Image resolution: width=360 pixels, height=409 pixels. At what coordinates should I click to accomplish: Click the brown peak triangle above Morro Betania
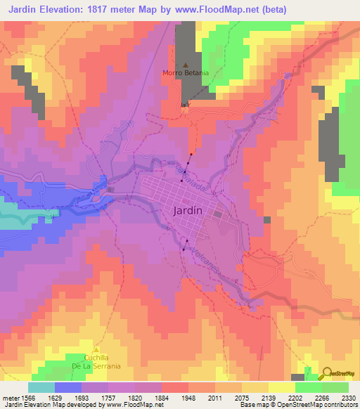click(x=186, y=64)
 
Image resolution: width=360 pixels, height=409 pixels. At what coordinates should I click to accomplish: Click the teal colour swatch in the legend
click(x=41, y=387)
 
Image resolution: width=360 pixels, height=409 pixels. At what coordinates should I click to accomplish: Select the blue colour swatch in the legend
click(x=68, y=387)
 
